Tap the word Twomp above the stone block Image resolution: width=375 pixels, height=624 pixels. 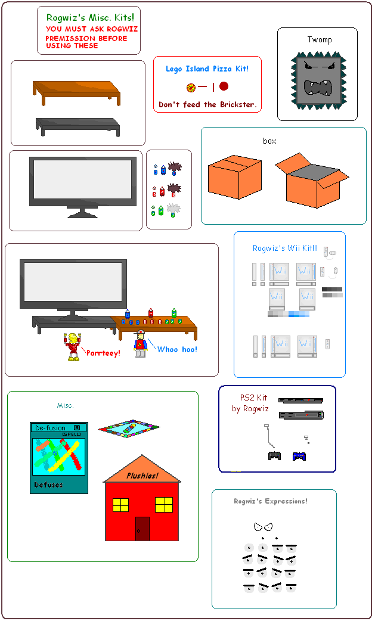click(x=320, y=40)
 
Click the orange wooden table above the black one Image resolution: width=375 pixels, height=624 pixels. click(x=76, y=90)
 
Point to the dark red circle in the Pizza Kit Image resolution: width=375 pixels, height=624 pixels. click(x=224, y=86)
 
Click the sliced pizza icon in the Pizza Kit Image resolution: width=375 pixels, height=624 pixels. click(x=191, y=87)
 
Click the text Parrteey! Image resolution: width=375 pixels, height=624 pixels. click(x=103, y=353)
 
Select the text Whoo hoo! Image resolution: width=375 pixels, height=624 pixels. click(x=177, y=350)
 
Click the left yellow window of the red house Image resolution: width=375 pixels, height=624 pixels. click(x=120, y=505)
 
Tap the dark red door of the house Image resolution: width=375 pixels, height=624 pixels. click(x=142, y=529)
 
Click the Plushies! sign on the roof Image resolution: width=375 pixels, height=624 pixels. click(x=142, y=476)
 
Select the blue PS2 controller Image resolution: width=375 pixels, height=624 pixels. click(x=299, y=457)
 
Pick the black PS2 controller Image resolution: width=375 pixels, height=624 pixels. click(x=274, y=457)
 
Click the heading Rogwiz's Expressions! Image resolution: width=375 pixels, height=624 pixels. click(x=271, y=501)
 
